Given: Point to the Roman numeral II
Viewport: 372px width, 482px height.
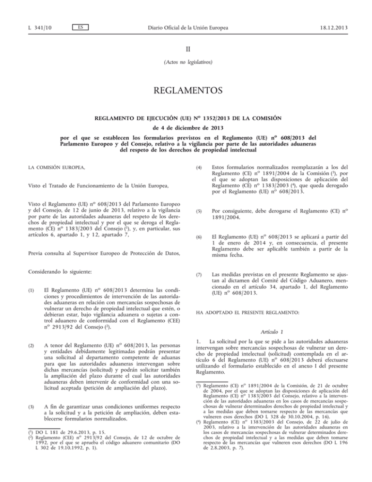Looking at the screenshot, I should [x=186, y=49].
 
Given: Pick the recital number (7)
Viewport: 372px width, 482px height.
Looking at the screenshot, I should [x=195, y=274].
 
